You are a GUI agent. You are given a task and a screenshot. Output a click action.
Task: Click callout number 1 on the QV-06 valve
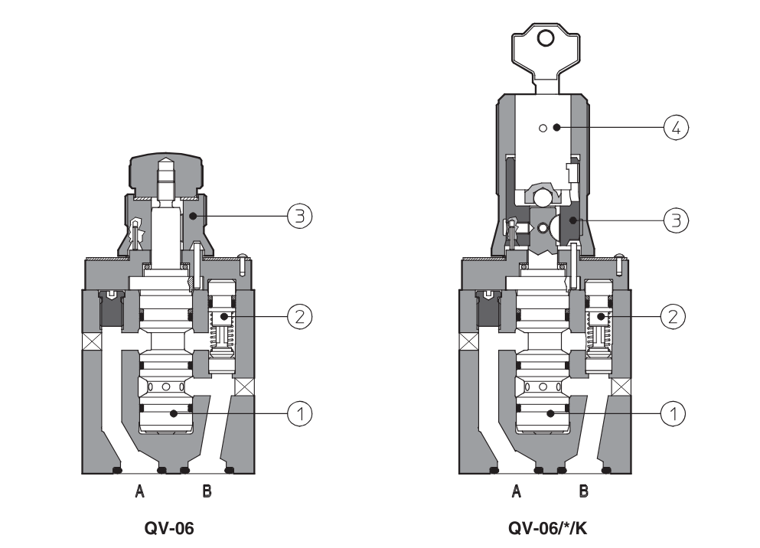click(299, 413)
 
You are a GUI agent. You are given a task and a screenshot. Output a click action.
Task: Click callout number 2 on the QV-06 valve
click(299, 315)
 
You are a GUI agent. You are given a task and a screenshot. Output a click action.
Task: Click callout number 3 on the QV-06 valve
click(299, 217)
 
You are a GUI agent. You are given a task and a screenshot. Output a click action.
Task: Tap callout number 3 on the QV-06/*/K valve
click(674, 220)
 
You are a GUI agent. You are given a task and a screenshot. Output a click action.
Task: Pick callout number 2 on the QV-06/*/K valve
click(674, 315)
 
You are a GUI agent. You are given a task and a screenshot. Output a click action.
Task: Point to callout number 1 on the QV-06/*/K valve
click(674, 413)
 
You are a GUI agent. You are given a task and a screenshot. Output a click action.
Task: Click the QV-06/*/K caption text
click(550, 527)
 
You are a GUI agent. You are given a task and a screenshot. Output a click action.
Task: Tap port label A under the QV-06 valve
click(140, 492)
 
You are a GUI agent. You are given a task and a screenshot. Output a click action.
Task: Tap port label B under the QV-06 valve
click(207, 492)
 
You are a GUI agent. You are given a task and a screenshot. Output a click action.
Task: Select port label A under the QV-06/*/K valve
click(517, 492)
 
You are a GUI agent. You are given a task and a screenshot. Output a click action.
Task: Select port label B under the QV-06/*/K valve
click(583, 492)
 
